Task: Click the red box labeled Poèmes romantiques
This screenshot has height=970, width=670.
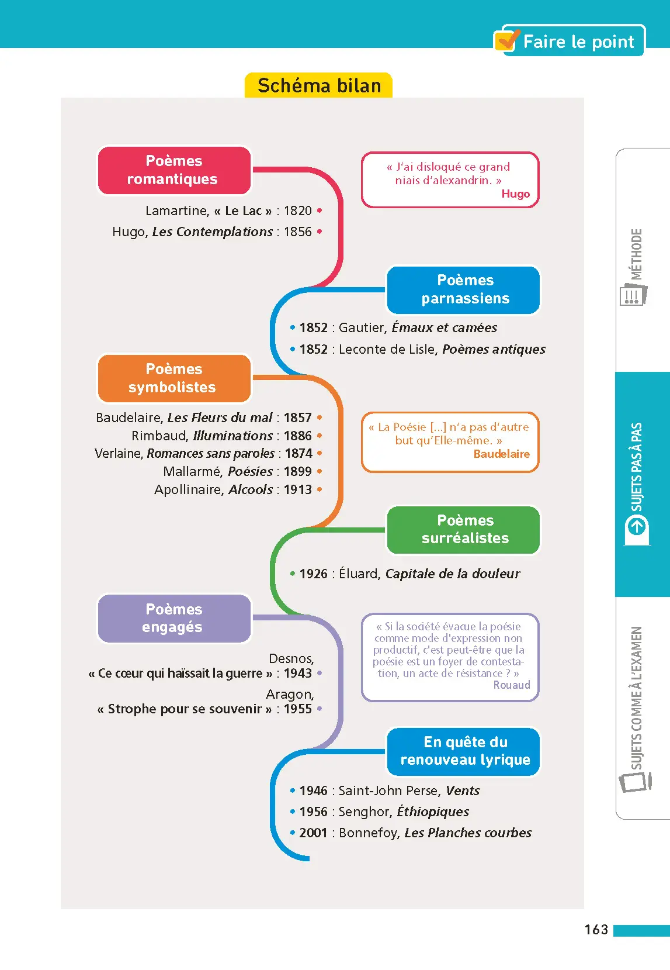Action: click(x=173, y=170)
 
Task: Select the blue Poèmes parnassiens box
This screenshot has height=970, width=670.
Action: click(x=464, y=289)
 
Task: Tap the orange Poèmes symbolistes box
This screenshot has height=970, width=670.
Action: click(x=173, y=378)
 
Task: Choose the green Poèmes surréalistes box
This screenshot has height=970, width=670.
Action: click(x=464, y=530)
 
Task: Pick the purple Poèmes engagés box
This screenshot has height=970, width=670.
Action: click(x=173, y=619)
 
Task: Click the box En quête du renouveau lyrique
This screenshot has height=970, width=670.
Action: click(x=464, y=751)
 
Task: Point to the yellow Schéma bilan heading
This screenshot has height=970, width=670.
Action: click(x=319, y=86)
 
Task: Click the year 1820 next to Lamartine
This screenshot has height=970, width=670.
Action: click(x=298, y=210)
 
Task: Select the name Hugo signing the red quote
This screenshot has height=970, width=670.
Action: click(x=515, y=194)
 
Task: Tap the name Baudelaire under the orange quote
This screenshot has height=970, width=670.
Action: click(x=501, y=454)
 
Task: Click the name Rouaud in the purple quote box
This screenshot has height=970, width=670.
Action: click(x=512, y=685)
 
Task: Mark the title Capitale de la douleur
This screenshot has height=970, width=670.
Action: click(x=452, y=574)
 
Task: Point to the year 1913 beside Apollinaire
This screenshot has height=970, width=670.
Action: click(x=298, y=490)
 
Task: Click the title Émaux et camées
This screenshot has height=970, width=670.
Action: click(x=444, y=328)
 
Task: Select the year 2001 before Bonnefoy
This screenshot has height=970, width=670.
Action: click(x=313, y=833)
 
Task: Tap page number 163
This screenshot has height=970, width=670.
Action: click(x=596, y=930)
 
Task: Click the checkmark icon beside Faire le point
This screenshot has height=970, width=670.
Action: click(x=507, y=40)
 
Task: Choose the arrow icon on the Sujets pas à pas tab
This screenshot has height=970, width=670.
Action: click(x=637, y=527)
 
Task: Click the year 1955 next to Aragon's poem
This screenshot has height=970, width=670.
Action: click(x=298, y=709)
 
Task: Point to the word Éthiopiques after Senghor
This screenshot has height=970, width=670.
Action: click(x=433, y=812)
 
